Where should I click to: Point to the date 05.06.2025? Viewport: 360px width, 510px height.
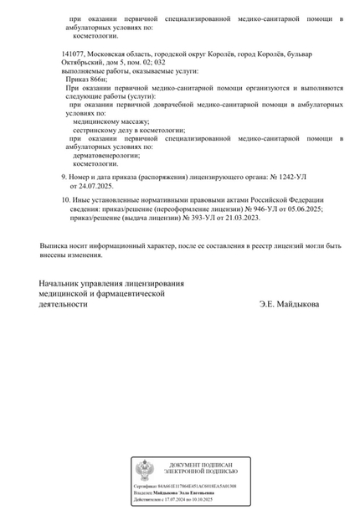pyautogui.click(x=304, y=209)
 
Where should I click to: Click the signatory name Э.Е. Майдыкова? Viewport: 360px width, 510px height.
pyautogui.click(x=289, y=305)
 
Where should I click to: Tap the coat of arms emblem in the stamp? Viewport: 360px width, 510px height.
pyautogui.click(x=146, y=469)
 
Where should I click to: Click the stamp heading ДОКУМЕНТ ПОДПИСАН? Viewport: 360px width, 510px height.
pyautogui.click(x=200, y=465)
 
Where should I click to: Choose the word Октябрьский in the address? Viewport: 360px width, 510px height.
pyautogui.click(x=82, y=63)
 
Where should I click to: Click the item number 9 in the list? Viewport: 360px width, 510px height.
pyautogui.click(x=64, y=178)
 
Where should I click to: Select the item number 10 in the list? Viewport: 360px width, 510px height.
pyautogui.click(x=66, y=201)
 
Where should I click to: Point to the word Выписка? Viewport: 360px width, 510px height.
pyautogui.click(x=55, y=245)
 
